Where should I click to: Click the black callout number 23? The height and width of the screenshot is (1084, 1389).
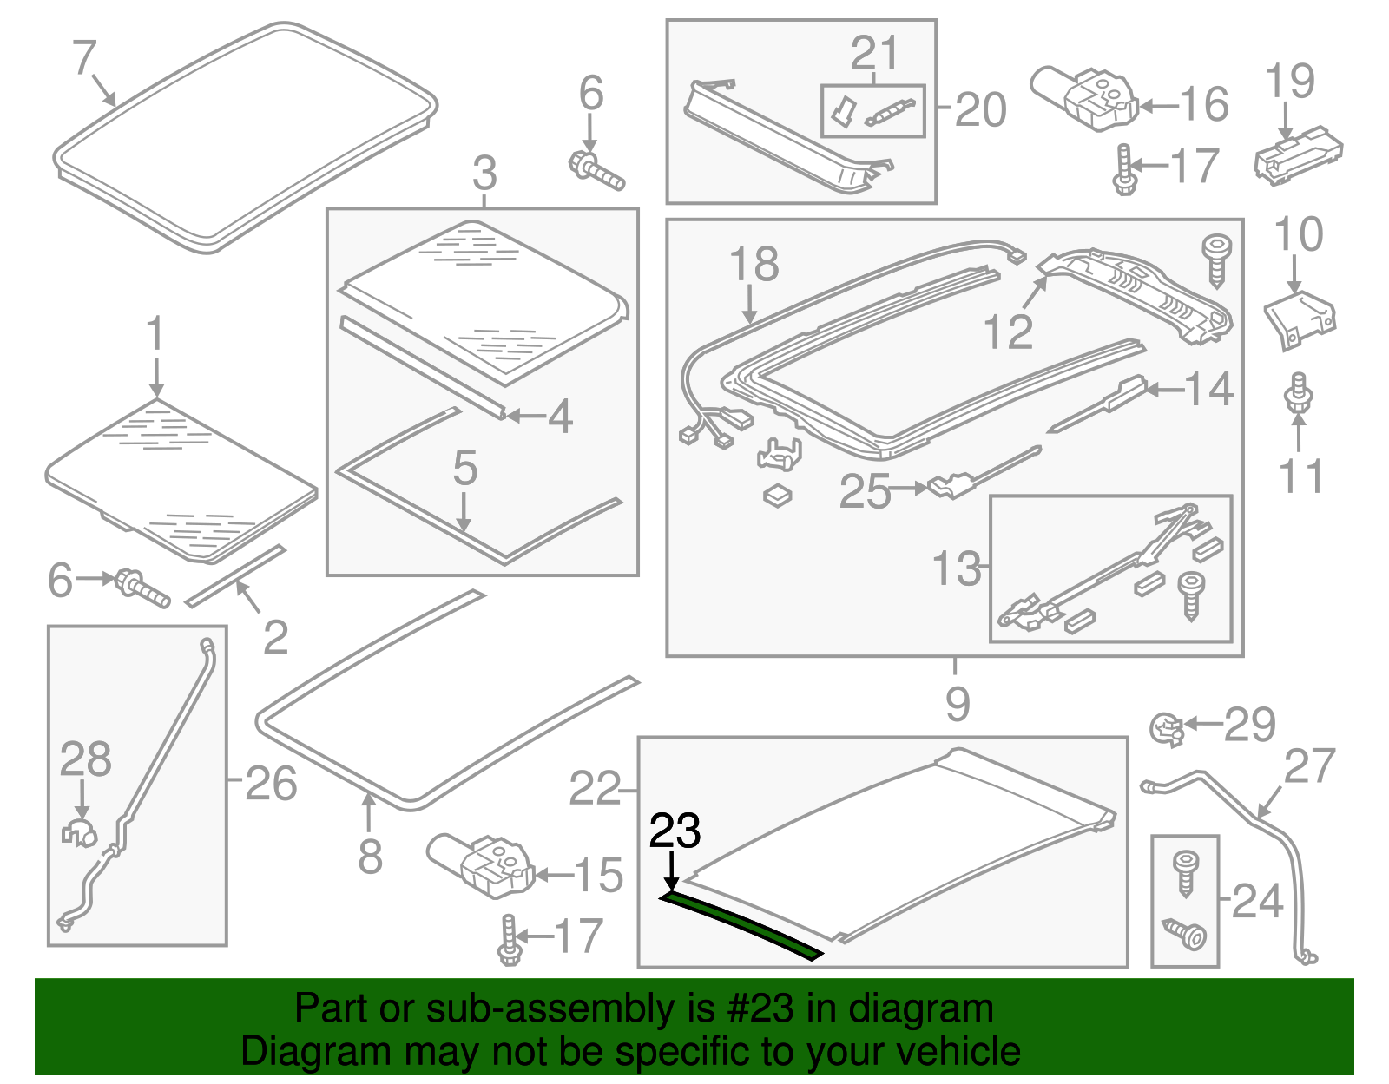675,831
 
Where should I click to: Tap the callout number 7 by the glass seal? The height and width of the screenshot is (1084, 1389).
83,58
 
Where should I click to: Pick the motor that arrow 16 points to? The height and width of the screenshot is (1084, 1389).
1085,97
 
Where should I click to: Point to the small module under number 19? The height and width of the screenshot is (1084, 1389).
1297,154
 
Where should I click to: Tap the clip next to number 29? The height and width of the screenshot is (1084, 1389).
1166,727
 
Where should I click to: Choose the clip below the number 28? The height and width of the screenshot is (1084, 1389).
78,832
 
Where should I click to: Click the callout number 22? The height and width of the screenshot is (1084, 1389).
595,789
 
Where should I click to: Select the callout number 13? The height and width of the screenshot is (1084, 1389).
956,569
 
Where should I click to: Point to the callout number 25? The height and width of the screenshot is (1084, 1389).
865,491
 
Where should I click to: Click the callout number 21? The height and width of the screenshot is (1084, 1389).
874,54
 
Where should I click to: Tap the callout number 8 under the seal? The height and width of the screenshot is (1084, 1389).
370,857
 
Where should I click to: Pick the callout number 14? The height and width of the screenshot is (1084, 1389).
1208,389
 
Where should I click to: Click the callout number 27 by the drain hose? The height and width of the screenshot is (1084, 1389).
1309,766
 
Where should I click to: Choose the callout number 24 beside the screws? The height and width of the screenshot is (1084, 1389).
1257,902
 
